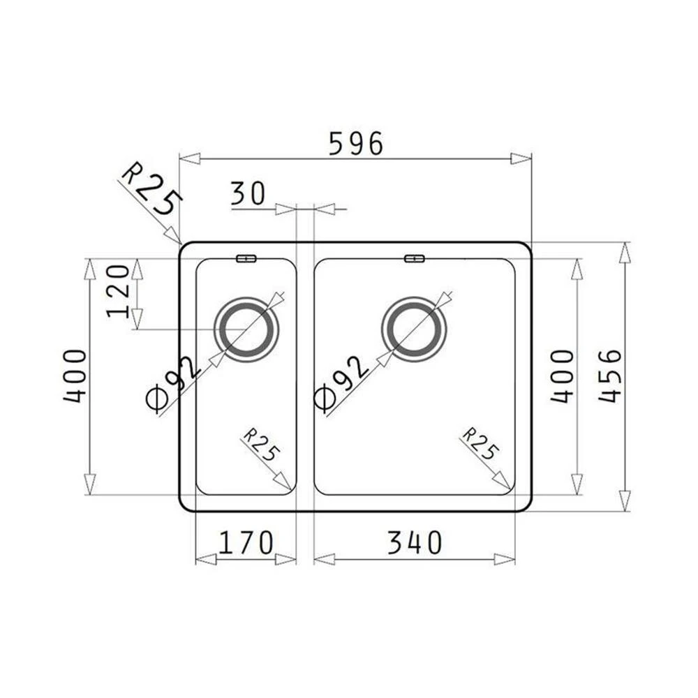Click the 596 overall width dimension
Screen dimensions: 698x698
pos(356,143)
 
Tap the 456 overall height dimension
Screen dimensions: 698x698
pos(609,376)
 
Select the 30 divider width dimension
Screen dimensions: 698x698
pos(248,193)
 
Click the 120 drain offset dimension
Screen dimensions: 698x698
pos(118,291)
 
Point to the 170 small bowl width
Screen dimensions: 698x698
pos(246,542)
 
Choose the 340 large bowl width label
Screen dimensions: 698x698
pos(415,542)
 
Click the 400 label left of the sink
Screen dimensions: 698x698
pos(75,376)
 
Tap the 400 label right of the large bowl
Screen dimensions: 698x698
pos(562,376)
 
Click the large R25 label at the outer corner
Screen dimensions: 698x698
pos(151,188)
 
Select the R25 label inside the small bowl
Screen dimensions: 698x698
pos(261,445)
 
